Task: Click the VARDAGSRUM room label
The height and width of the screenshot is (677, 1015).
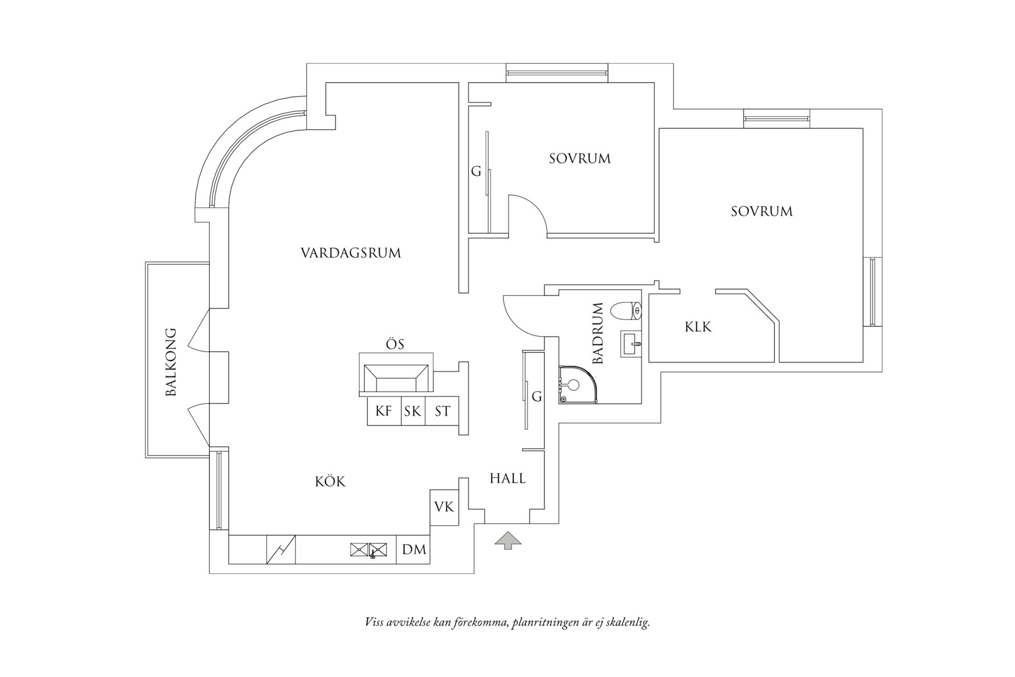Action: pos(351,253)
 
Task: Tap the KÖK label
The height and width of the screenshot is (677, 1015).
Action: pos(330,481)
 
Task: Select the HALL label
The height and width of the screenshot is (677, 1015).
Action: pos(507,479)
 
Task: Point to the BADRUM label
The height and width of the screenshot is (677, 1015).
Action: pos(598,334)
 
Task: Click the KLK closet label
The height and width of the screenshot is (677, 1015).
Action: pos(698,327)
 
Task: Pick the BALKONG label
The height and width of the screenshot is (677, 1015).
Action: pos(170,362)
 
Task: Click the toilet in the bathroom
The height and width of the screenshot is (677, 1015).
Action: pos(626,311)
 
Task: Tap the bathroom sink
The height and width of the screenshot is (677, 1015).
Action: pos(631,344)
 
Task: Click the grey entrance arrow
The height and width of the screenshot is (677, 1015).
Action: pos(507,540)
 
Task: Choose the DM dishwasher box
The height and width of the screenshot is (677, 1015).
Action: pos(413,549)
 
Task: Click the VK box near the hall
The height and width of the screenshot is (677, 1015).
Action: pos(444,506)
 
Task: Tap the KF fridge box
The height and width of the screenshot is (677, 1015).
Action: pos(384,411)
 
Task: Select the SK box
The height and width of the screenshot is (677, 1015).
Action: pos(413,411)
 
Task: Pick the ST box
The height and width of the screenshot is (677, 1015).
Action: pos(442,411)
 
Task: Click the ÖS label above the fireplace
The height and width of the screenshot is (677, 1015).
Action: pos(395,344)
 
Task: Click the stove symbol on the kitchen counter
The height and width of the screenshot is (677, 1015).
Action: pos(281,549)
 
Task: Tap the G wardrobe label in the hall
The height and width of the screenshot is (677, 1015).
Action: pos(537,396)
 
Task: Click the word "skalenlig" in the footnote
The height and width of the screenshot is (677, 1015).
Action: pos(628,622)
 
